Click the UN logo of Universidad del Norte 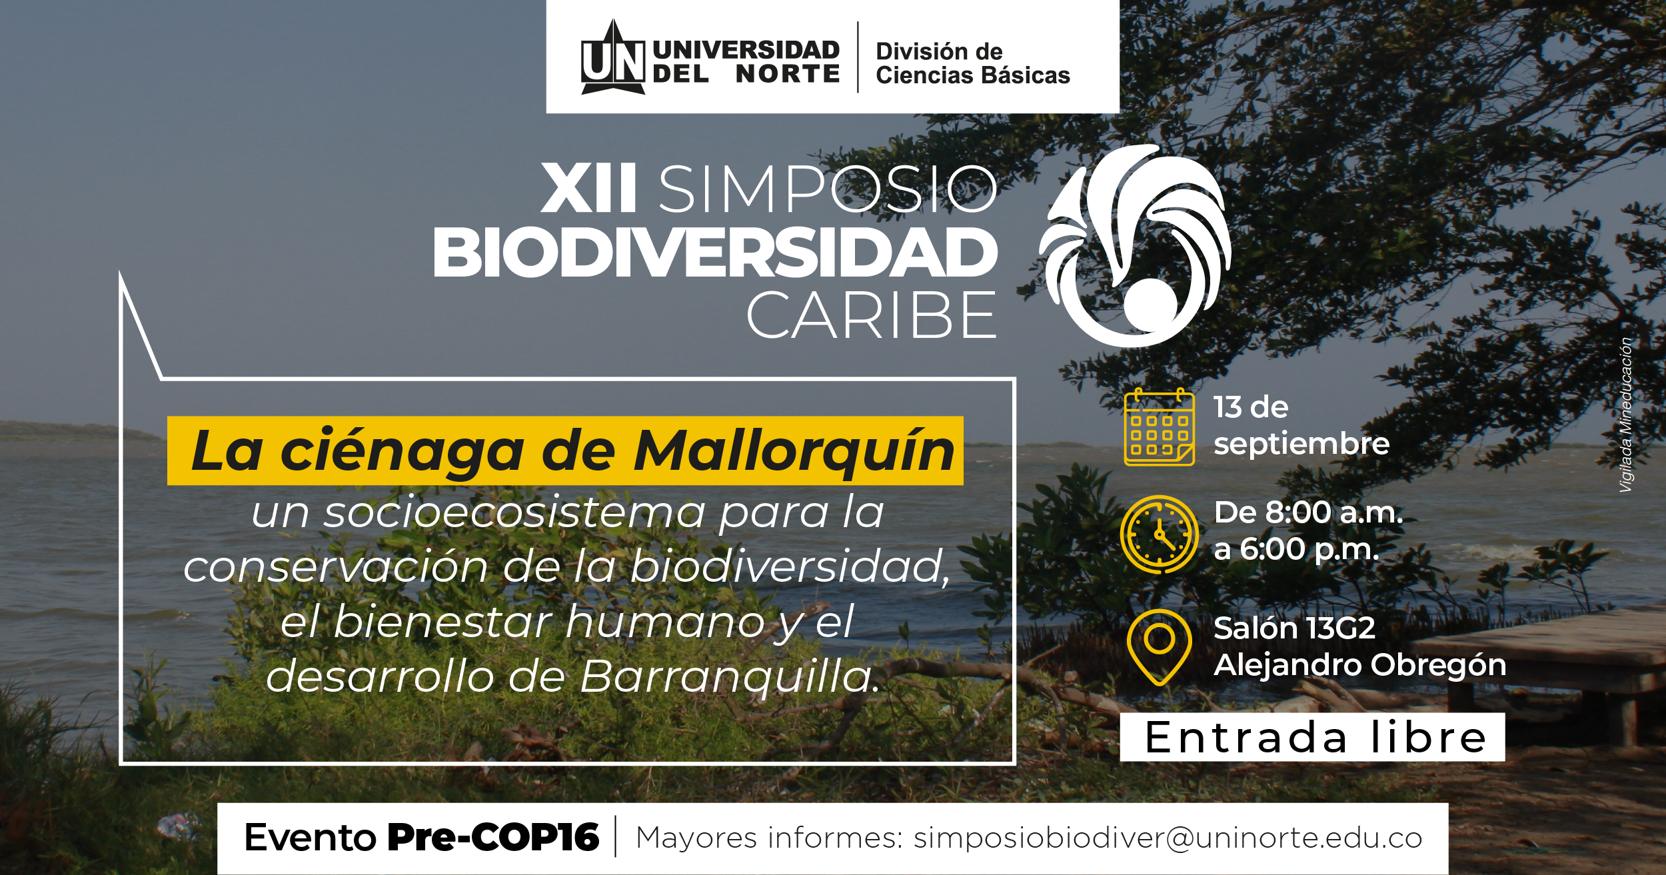(613, 59)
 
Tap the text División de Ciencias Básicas (972, 63)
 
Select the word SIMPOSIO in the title (828, 189)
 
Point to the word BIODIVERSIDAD (715, 253)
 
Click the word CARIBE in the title (871, 315)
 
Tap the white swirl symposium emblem (1135, 245)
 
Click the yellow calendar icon (1159, 427)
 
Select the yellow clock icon (1159, 534)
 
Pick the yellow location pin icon (1159, 646)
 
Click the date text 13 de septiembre (1301, 426)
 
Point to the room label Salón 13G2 (1294, 628)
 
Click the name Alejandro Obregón (1359, 665)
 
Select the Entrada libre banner (1312, 737)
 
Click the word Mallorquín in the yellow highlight (794, 451)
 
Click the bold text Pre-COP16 (493, 837)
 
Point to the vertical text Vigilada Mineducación (1626, 415)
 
